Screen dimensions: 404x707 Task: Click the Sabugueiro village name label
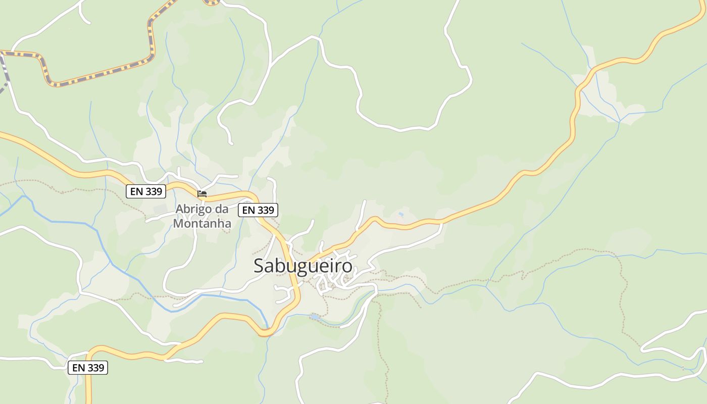(303, 266)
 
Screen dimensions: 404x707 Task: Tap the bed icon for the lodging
(202, 193)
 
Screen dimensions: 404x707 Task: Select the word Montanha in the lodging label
(202, 223)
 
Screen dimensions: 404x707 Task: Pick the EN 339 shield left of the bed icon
(146, 191)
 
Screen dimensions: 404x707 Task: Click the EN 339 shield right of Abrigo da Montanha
(258, 210)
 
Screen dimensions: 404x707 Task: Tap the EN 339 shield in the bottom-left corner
(88, 368)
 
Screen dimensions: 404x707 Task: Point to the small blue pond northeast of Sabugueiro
(401, 214)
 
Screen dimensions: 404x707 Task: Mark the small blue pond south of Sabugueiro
(315, 317)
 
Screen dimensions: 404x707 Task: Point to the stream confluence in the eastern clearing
(620, 122)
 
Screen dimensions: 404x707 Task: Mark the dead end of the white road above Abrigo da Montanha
(232, 143)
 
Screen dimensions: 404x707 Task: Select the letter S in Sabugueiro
(260, 266)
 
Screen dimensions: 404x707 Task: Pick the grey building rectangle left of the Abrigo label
(160, 209)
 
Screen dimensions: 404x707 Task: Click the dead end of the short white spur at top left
(89, 22)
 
